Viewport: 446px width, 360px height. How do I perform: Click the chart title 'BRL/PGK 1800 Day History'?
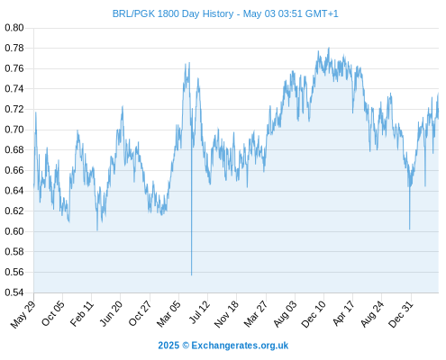click(x=173, y=13)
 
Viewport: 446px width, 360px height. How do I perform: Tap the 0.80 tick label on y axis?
click(x=14, y=28)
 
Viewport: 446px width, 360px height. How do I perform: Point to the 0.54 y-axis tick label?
click(x=14, y=292)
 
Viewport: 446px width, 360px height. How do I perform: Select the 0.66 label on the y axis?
click(x=14, y=170)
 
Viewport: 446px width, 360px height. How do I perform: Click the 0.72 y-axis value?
click(x=14, y=109)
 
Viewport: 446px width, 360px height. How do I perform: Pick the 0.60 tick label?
click(x=14, y=231)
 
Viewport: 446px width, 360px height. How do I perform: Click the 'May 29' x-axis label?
click(x=23, y=314)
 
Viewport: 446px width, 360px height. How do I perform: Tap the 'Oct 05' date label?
click(x=53, y=313)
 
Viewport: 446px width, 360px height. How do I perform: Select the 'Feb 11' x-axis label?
click(x=82, y=313)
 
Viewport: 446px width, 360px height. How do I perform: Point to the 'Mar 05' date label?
click(x=168, y=313)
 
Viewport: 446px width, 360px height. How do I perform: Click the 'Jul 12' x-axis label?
click(x=199, y=312)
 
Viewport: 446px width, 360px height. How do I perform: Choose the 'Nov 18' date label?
click(x=226, y=314)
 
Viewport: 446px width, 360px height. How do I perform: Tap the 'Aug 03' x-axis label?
click(x=285, y=314)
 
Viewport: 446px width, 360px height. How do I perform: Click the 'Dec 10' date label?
click(x=314, y=314)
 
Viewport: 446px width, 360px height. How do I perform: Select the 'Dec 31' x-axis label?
click(x=401, y=314)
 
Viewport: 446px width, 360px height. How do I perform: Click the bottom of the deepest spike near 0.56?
click(x=191, y=274)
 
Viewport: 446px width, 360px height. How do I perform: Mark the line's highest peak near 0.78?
click(x=329, y=48)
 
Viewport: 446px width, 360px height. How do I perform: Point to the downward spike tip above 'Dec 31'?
click(x=409, y=229)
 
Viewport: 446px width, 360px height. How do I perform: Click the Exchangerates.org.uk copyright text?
click(x=223, y=346)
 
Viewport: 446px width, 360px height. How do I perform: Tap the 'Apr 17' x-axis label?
click(x=343, y=313)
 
